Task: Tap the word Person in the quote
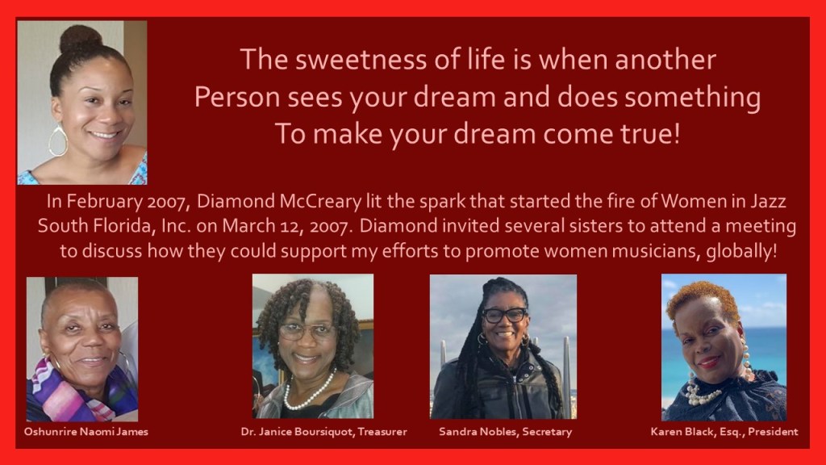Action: point(237,97)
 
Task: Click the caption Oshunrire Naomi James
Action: point(86,432)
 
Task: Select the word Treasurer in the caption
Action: point(382,432)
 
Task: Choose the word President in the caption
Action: point(773,432)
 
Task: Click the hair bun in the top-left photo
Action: point(80,39)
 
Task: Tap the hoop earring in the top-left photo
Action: point(58,140)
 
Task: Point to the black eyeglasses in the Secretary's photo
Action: point(504,316)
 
